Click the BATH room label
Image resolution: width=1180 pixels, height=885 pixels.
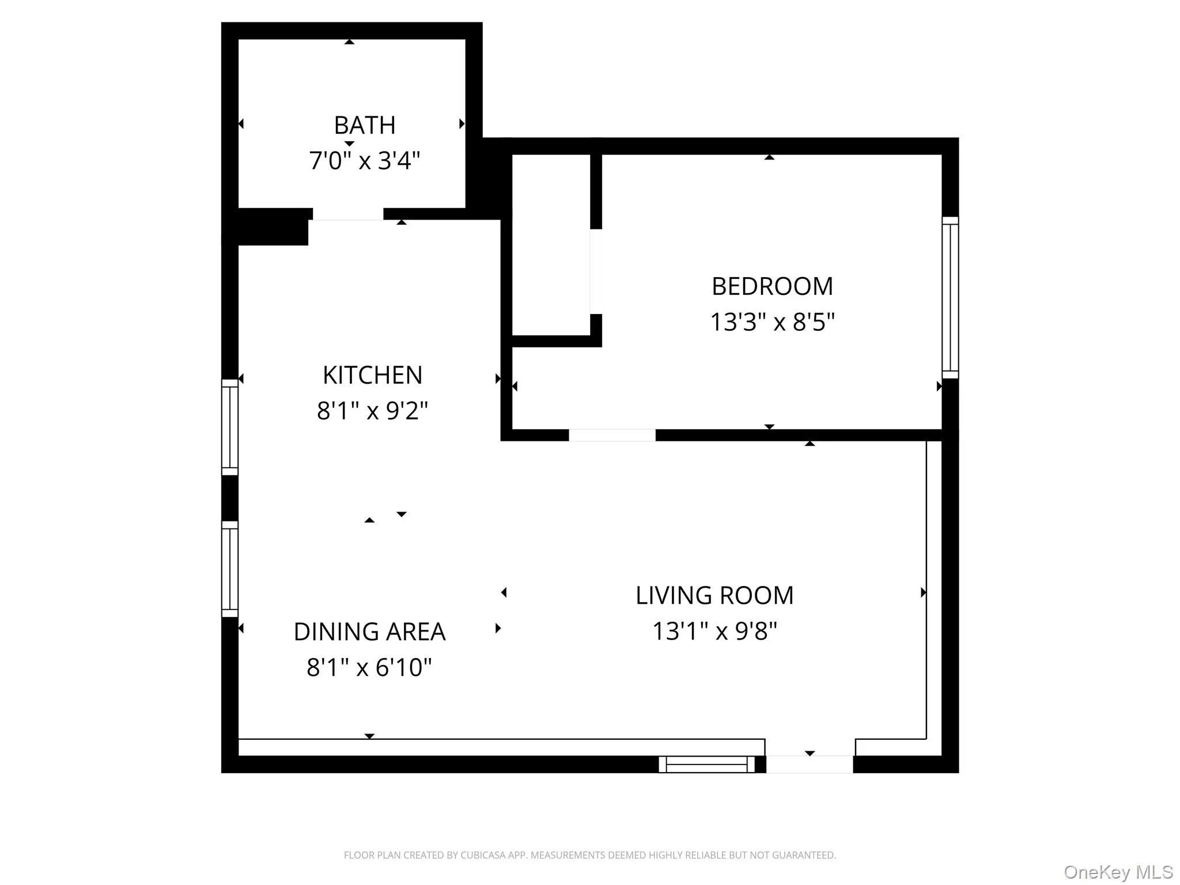click(364, 125)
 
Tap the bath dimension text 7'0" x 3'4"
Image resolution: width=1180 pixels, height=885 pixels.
click(364, 160)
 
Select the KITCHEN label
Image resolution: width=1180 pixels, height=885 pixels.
click(372, 375)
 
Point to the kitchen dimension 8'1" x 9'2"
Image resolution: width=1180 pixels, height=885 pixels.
click(372, 411)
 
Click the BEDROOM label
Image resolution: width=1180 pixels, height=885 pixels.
click(772, 286)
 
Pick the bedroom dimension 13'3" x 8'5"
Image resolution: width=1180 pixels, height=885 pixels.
click(772, 322)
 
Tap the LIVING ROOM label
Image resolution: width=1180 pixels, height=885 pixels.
click(714, 595)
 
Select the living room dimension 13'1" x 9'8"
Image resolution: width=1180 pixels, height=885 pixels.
click(714, 631)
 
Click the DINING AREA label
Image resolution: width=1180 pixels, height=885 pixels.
click(369, 631)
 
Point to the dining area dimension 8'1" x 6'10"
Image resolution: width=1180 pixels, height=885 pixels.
click(369, 667)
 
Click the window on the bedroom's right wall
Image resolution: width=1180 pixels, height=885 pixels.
click(950, 297)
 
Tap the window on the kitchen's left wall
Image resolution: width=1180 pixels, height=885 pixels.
click(230, 427)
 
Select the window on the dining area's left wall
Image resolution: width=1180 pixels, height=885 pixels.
click(230, 569)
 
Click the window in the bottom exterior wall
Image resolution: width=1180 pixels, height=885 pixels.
click(706, 765)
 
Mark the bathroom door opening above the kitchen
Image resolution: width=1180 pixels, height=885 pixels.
click(347, 214)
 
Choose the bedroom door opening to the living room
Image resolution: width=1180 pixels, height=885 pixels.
click(612, 435)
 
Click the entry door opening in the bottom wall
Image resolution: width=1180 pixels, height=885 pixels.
click(810, 764)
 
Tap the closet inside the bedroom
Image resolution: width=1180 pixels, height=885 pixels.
click(551, 245)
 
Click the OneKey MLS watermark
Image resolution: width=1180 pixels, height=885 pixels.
click(1118, 872)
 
